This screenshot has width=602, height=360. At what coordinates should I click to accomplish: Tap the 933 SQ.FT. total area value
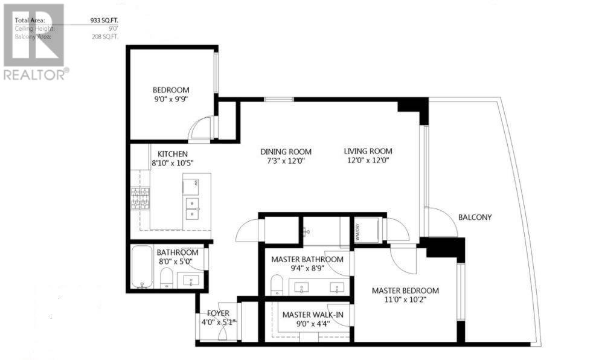click(x=104, y=21)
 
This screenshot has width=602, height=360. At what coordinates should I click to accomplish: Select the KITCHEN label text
click(x=172, y=153)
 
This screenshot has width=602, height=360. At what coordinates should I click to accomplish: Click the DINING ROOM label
click(x=286, y=151)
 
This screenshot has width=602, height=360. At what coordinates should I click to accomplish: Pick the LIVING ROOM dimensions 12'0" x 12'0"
click(x=368, y=161)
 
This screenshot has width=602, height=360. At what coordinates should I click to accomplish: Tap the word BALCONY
click(x=475, y=217)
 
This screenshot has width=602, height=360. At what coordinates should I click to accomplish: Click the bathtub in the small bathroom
click(x=142, y=266)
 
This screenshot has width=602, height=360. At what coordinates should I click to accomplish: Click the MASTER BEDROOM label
click(x=405, y=291)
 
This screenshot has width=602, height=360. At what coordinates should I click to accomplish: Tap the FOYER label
click(x=219, y=313)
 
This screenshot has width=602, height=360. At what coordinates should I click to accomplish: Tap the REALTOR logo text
click(x=35, y=75)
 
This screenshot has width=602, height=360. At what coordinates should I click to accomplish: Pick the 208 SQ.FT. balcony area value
click(x=105, y=36)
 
